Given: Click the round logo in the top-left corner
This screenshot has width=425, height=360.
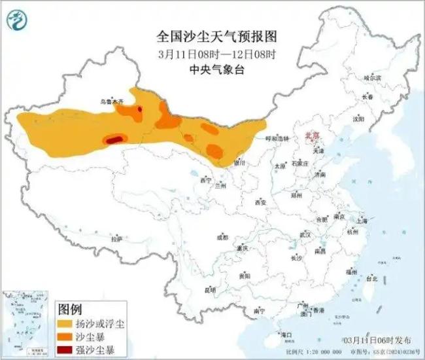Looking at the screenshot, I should click(x=18, y=20).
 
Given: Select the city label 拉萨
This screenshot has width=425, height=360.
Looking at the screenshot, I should click(x=117, y=240).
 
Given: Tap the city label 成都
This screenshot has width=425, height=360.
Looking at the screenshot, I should click(x=223, y=237).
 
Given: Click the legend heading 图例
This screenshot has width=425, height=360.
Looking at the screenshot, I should click(x=70, y=308).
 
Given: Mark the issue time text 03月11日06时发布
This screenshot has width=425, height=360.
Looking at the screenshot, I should click(x=377, y=340).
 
